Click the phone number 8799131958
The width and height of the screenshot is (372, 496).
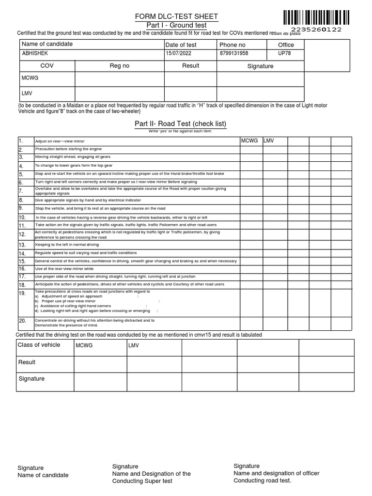click(x=234, y=54)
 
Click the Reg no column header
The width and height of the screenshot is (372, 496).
click(x=120, y=66)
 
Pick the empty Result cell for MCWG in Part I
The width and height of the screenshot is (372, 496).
click(x=190, y=78)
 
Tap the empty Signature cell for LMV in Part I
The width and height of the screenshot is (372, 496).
click(x=260, y=93)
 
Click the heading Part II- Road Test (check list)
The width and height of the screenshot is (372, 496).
click(x=180, y=124)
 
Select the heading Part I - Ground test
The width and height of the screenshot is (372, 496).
click(x=176, y=25)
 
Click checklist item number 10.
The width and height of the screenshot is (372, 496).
click(x=22, y=217)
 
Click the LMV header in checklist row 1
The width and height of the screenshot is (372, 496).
click(x=269, y=140)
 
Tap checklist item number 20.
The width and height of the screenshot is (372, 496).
click(x=22, y=321)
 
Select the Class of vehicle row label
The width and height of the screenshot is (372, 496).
click(x=39, y=345)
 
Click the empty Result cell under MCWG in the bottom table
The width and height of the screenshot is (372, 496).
click(x=100, y=363)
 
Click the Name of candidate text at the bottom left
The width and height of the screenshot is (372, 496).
click(x=43, y=475)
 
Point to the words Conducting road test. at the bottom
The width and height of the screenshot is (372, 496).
click(x=262, y=480)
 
